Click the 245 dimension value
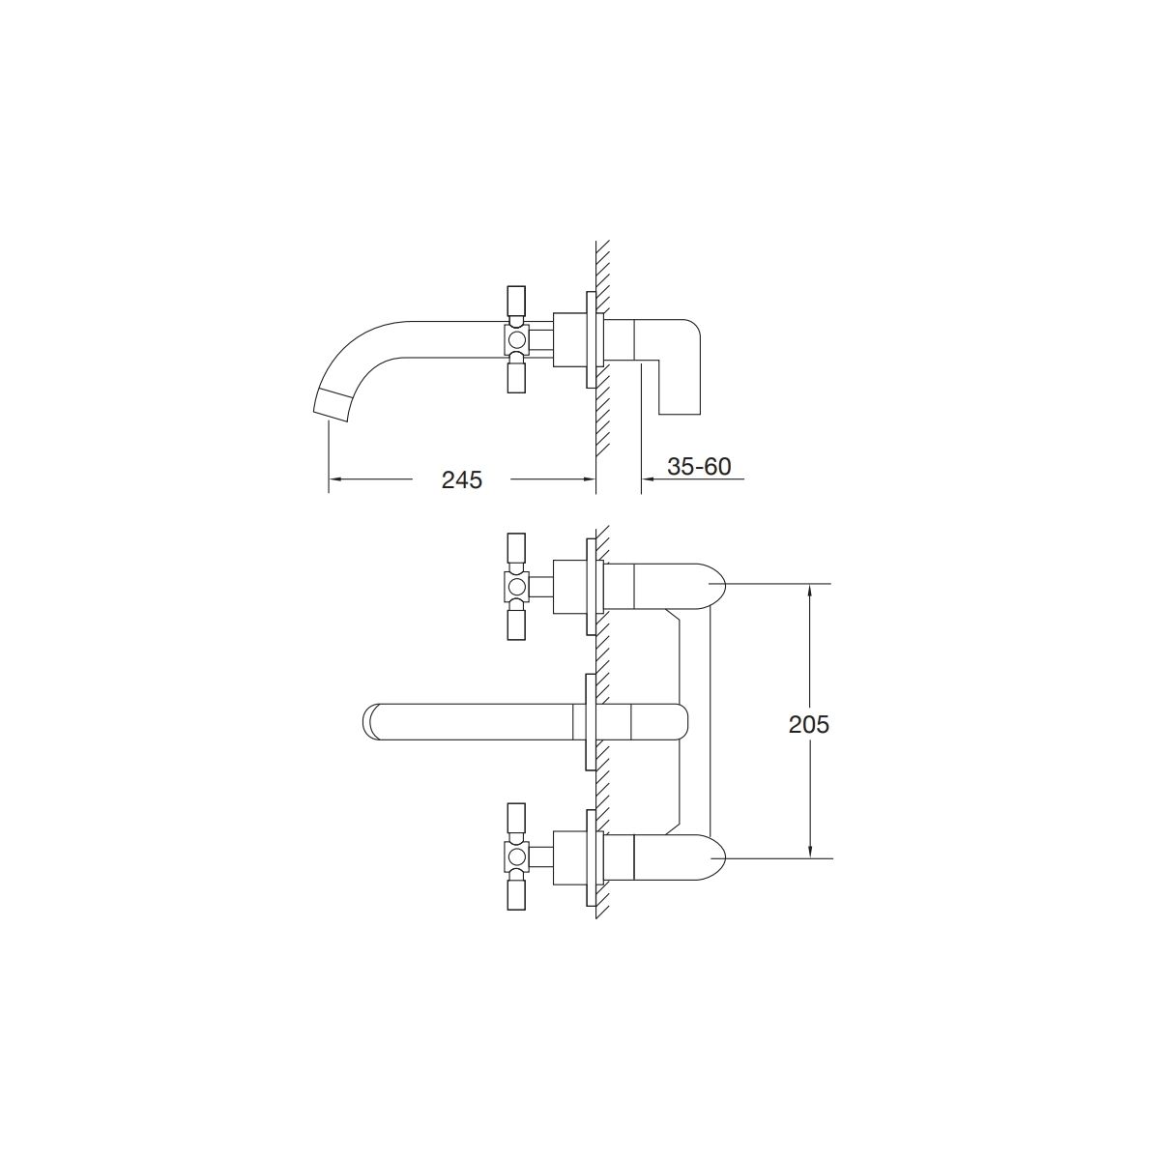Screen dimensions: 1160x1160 (462, 479)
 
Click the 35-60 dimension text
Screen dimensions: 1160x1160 (699, 466)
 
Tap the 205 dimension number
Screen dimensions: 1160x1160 (809, 725)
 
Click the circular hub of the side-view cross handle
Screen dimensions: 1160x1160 (516, 340)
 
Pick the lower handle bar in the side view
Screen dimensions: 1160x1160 (516, 376)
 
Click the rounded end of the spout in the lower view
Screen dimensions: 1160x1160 (371, 720)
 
